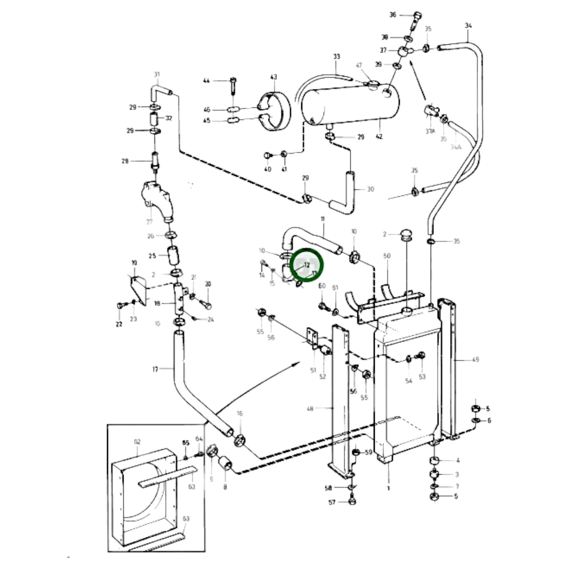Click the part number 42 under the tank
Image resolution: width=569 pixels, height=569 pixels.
[379, 137]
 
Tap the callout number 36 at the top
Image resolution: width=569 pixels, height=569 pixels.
[393, 15]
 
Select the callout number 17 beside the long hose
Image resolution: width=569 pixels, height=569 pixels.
[155, 369]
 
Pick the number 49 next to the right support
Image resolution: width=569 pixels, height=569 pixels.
[475, 359]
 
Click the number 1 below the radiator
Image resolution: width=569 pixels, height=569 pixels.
[388, 488]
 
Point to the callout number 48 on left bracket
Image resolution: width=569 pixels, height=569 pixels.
[310, 409]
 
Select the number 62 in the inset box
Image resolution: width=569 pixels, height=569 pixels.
[137, 442]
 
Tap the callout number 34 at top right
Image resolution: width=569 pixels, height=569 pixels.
[468, 26]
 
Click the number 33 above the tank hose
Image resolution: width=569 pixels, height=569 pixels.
[336, 57]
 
